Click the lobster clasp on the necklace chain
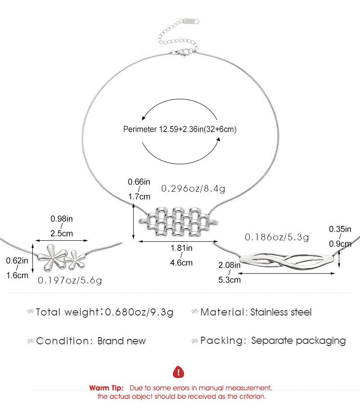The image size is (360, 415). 183,54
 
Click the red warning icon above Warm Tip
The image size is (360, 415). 179,372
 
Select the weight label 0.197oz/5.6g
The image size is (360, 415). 70,280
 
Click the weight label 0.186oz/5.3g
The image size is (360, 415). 277,237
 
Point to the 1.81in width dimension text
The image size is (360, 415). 182,248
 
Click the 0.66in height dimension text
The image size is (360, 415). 139,182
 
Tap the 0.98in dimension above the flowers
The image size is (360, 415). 61,219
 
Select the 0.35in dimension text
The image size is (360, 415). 340,229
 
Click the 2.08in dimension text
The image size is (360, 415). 229,266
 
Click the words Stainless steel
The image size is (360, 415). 281,312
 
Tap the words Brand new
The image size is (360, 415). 121,341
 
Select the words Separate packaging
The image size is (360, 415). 298,341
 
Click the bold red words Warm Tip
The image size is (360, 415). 107,388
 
